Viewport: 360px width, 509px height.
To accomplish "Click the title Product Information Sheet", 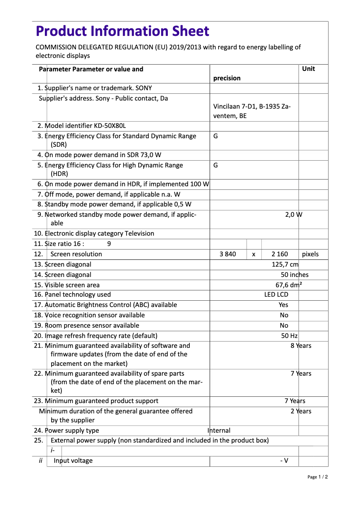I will point(122,31).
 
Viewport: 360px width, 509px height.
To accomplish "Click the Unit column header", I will point(308,69).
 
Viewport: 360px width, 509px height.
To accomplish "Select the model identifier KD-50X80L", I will point(107,126).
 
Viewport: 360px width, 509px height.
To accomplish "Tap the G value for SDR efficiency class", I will point(215,136).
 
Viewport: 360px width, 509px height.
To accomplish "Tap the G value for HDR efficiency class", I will point(215,165).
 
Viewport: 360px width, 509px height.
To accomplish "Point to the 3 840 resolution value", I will point(228,254).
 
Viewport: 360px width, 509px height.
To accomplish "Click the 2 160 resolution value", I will point(280,254).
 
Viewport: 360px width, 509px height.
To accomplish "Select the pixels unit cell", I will point(310,254).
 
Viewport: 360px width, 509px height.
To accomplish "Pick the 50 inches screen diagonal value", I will point(294,275).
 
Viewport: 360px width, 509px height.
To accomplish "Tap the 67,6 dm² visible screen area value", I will point(288,285).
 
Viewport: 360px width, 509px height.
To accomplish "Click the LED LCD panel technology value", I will point(276,294).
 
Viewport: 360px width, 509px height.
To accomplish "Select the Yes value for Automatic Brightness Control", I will point(283,305).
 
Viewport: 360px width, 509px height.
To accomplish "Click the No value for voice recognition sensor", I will point(284,315).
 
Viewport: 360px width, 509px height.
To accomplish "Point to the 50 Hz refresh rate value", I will point(289,336).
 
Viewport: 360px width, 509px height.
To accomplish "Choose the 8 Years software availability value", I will point(301,346).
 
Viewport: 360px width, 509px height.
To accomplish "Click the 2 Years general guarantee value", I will point(301,411).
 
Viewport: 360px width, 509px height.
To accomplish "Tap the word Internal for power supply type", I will point(219,430).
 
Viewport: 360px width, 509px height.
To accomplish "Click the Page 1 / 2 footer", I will point(317,477).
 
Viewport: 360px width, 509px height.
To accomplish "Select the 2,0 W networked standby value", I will point(294,215).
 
